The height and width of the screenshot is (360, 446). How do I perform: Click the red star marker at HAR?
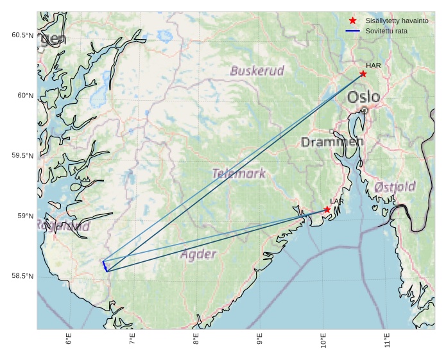pos(363,74)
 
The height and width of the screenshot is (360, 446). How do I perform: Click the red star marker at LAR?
pos(327,210)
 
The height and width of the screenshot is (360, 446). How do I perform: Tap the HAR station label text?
pos(373,65)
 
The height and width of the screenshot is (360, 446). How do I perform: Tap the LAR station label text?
pos(337,201)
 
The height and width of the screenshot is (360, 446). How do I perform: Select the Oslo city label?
pos(364,97)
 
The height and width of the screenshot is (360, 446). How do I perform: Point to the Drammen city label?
pos(332,141)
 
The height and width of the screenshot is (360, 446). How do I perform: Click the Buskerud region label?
pos(257,71)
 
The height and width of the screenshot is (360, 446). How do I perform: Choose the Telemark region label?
pos(239,173)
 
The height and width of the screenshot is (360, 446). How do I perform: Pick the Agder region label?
pos(198,254)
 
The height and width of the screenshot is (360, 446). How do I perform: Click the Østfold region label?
pos(395,187)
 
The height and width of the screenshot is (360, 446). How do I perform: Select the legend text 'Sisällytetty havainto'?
pos(397,21)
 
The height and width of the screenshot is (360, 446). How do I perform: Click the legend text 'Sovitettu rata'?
pos(386,31)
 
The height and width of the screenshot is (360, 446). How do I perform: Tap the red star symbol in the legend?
pos(353,21)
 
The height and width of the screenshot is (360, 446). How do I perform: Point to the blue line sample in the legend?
pos(353,31)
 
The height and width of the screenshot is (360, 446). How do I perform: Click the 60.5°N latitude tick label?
pos(22,35)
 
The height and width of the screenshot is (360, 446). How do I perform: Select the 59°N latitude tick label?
pos(24,216)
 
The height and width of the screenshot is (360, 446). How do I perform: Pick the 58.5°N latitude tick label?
pos(22,276)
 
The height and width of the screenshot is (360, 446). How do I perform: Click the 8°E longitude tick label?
pos(196,338)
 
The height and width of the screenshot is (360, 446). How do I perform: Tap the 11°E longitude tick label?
pos(386,339)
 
